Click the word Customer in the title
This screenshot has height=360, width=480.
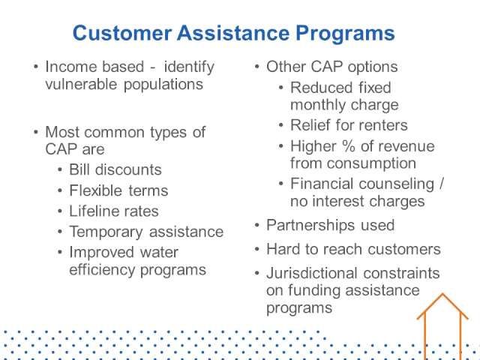pos(121,33)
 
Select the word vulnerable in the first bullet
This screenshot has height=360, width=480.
pos(81,84)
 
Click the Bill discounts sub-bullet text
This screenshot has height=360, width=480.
pos(115,169)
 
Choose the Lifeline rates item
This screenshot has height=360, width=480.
pos(114,211)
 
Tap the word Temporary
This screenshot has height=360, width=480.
pos(106,232)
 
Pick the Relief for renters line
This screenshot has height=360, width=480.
pos(349,125)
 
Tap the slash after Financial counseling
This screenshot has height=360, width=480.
pos(442,184)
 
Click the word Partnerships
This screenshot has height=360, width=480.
pos(310,226)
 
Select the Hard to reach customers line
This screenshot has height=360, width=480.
pos(353,249)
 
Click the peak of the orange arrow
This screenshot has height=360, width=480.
pos(442,294)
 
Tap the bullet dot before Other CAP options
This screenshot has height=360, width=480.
pos(256,66)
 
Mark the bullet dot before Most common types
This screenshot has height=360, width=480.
pos(36,132)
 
